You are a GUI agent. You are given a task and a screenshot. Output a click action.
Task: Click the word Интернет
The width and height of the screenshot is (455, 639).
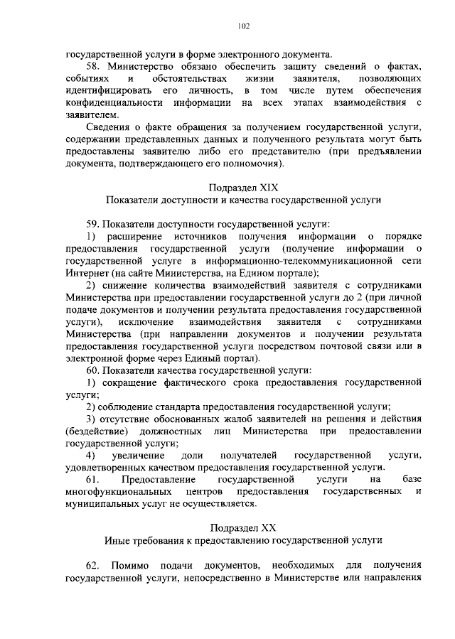(x=86, y=272)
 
